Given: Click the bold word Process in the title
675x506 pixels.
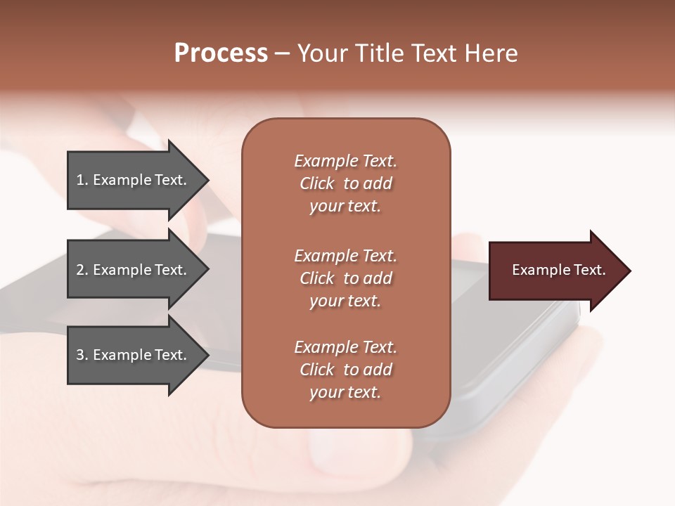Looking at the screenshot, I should [221, 53].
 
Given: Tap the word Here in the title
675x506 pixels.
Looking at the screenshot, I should [492, 53].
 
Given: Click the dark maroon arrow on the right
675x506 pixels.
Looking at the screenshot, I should [555, 271].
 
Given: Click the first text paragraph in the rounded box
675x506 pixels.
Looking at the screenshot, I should [345, 183].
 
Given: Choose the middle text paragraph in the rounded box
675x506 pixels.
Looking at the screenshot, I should [345, 278].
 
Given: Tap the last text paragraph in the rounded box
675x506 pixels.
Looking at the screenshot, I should [345, 370].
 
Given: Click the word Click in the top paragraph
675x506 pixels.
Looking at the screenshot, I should [316, 183].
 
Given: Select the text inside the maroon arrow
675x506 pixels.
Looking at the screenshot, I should [558, 270].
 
